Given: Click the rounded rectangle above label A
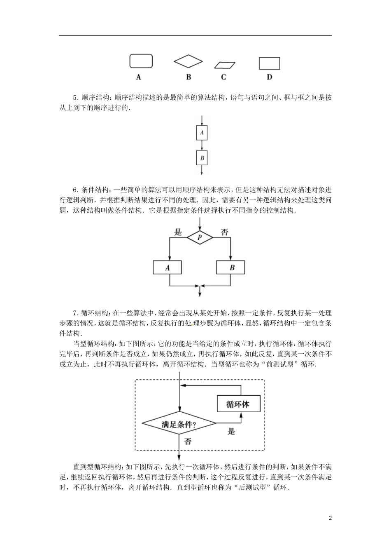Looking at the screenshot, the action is click(141, 61).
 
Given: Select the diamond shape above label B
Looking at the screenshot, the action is click(188, 61).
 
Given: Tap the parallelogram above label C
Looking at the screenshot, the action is click(225, 65).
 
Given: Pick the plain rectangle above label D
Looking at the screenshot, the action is click(269, 63).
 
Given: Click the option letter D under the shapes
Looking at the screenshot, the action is click(270, 77).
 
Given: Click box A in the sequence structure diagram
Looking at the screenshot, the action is click(202, 133).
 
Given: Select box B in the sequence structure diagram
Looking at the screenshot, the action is click(202, 158).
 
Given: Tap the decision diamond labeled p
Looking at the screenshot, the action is click(200, 238).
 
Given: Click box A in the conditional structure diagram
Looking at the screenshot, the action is click(168, 268).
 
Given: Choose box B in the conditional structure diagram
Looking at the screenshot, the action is click(231, 268).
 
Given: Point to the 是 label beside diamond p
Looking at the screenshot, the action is click(178, 232).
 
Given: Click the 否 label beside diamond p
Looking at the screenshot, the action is click(224, 232).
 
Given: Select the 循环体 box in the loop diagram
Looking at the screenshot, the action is click(238, 404).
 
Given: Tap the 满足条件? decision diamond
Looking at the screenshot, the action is click(179, 423).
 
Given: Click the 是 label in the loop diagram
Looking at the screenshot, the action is click(231, 432).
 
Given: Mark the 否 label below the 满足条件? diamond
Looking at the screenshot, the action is click(188, 441).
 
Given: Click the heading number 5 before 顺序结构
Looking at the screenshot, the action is click(75, 98).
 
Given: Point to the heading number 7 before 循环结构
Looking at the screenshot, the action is click(75, 313).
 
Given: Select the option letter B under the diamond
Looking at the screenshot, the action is click(188, 77).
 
